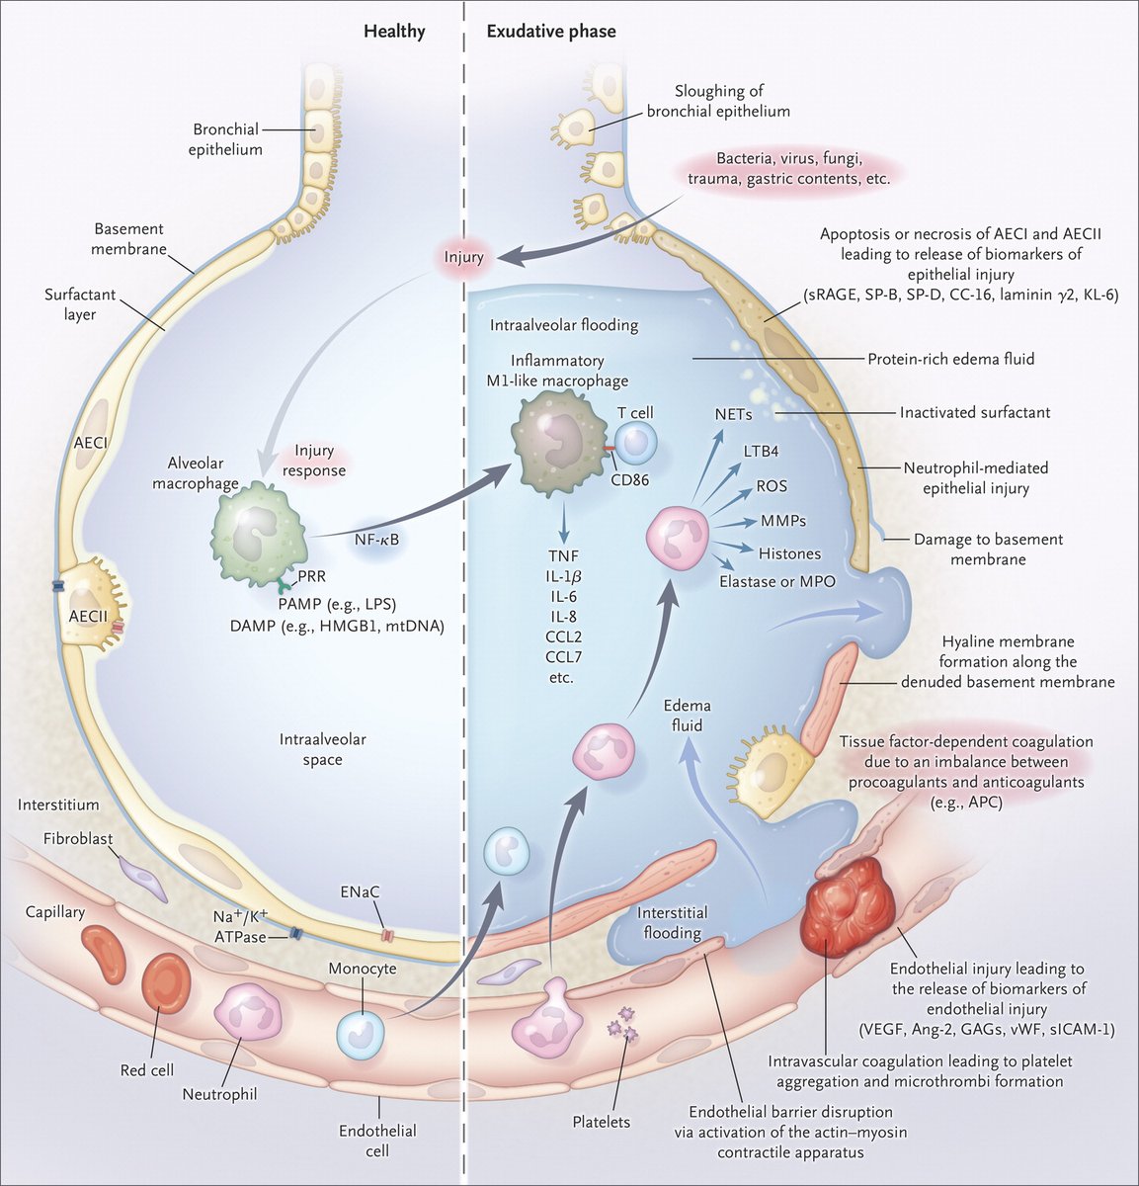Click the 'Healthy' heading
[x=394, y=32]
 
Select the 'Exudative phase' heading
[x=551, y=32]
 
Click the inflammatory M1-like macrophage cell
[x=558, y=436]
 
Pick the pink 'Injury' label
[x=464, y=257]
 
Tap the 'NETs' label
[x=734, y=415]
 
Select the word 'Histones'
[x=789, y=553]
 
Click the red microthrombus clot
[x=850, y=902]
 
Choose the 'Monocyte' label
[x=363, y=969]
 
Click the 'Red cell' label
[x=147, y=1070]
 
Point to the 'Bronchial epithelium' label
[x=227, y=139]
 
